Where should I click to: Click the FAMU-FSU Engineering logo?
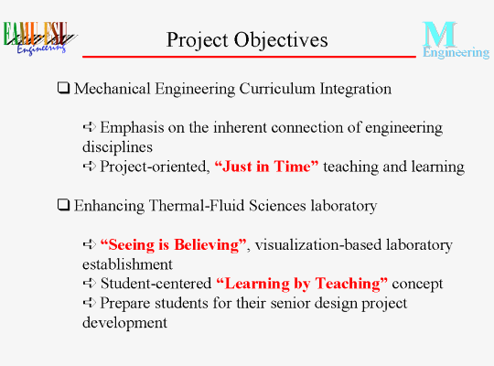click(39, 38)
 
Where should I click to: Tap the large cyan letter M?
click(439, 34)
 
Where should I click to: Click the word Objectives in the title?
click(281, 40)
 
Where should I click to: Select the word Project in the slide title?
click(198, 41)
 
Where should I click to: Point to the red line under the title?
click(249, 57)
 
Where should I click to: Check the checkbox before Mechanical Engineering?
click(63, 88)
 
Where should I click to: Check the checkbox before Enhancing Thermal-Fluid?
click(63, 205)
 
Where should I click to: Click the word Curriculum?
click(277, 89)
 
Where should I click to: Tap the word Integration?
click(356, 90)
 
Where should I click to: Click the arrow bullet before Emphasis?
click(89, 127)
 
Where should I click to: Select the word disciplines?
click(117, 147)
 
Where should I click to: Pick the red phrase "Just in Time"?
click(266, 167)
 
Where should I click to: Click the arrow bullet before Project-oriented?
click(89, 166)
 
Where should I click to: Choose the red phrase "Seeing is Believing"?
click(173, 245)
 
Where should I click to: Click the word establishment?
click(127, 264)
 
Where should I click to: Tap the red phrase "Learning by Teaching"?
click(302, 284)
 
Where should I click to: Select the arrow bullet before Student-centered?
click(89, 283)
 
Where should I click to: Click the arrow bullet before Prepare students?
click(89, 303)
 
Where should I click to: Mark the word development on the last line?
click(124, 323)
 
